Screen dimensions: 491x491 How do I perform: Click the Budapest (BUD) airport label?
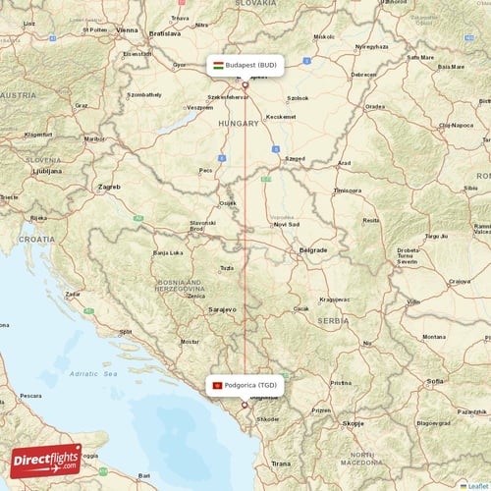250,66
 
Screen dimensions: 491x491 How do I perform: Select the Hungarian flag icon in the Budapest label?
218,66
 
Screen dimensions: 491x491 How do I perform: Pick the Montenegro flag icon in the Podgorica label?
217,386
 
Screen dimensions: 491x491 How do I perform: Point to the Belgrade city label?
313,249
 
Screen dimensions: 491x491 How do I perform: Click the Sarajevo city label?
223,308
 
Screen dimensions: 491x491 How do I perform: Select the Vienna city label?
128,30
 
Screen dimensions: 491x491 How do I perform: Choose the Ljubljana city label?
46,170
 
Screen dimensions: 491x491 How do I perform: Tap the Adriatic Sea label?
98,374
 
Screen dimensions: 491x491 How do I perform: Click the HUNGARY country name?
240,124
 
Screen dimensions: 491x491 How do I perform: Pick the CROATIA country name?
37,239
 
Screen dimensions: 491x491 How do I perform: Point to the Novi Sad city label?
287,224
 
